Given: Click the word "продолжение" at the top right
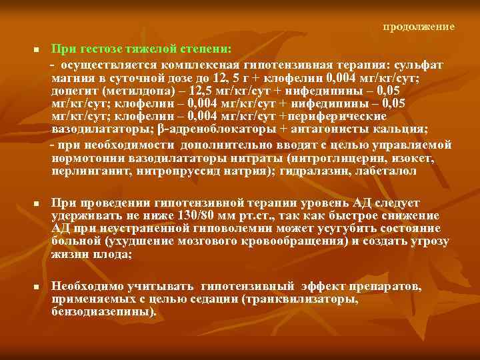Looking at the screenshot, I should tap(419, 27).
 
